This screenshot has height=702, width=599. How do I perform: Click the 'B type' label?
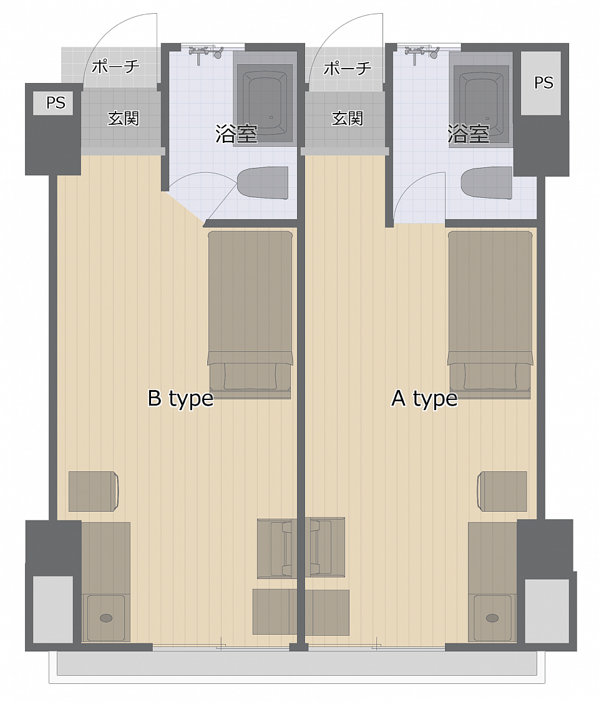tap(180, 398)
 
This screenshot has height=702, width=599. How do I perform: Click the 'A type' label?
tap(424, 398)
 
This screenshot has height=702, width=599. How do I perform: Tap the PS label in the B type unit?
tap(56, 102)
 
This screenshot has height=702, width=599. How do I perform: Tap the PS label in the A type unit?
tap(543, 82)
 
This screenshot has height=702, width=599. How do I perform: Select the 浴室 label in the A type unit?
tap(468, 134)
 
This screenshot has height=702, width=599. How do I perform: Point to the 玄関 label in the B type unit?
tap(123, 119)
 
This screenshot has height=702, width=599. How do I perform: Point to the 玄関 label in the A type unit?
tap(347, 119)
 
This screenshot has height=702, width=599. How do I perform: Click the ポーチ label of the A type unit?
tap(348, 68)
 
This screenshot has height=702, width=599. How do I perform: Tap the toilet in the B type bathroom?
tap(263, 183)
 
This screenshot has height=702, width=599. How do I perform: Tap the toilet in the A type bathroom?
tap(487, 183)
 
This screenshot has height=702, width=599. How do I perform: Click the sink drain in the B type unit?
tap(106, 618)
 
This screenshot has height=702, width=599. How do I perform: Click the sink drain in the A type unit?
tap(492, 618)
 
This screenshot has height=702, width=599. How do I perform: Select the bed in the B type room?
tap(250, 300)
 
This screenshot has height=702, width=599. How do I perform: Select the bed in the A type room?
tap(490, 300)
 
